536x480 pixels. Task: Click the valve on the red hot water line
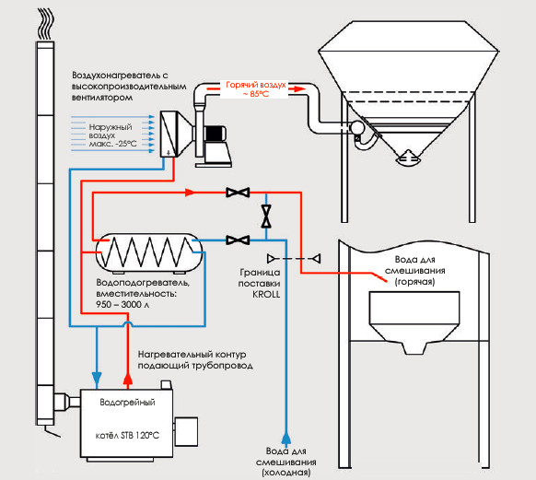click(238, 193)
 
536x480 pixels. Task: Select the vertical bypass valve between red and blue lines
click(266, 217)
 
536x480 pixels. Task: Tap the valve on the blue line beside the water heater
click(238, 240)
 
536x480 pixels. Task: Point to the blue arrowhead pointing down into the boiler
click(97, 378)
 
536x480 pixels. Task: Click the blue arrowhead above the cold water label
click(286, 439)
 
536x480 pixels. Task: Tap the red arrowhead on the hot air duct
click(297, 88)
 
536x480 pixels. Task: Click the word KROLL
click(266, 295)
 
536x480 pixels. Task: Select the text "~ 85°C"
click(256, 94)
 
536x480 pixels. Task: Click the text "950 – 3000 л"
click(122, 304)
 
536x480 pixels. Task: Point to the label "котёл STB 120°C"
click(127, 436)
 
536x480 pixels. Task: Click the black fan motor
click(215, 133)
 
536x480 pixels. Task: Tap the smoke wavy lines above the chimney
click(45, 23)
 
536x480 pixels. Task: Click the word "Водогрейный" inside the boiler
click(127, 403)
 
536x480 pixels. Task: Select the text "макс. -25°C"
click(112, 144)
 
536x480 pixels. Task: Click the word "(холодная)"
click(286, 473)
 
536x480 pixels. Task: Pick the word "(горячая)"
click(415, 282)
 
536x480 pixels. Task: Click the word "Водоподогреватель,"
click(143, 283)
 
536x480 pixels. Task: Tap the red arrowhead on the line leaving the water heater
click(190, 193)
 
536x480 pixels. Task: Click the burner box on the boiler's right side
click(186, 431)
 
